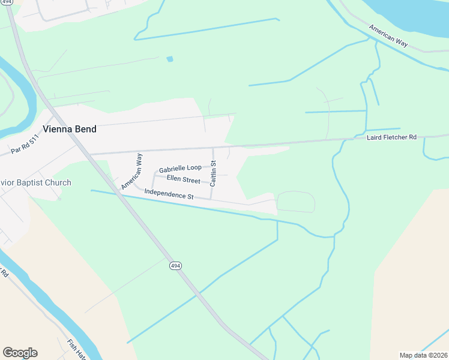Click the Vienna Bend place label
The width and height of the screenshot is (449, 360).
[69, 129]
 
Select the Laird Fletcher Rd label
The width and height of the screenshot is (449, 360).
[392, 137]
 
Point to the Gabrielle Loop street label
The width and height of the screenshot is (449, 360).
[180, 169]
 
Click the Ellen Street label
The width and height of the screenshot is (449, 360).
[183, 180]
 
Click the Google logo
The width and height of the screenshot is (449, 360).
[20, 353]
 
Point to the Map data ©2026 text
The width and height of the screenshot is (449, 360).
[423, 355]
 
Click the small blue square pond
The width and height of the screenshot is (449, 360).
[170, 59]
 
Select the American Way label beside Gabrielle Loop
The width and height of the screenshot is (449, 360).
[131, 171]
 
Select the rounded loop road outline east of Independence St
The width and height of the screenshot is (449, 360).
[295, 202]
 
